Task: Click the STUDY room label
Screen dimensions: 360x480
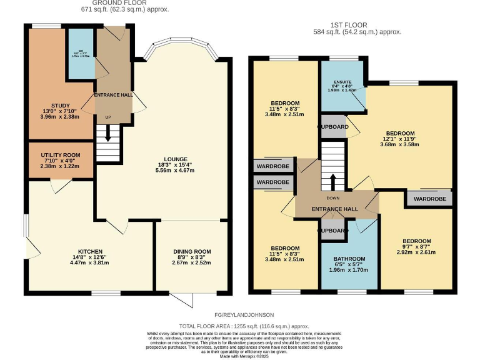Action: point(61,106)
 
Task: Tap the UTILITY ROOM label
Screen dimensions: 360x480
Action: point(61,154)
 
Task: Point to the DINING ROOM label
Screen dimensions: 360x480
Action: point(192,251)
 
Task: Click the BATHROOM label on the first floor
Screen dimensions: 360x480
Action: point(349,259)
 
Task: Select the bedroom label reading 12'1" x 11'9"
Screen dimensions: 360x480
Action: point(400,134)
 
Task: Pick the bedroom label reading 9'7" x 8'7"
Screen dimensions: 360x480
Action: point(416,241)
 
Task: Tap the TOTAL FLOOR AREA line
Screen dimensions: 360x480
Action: point(244,326)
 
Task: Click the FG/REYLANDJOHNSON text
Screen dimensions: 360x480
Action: point(244,315)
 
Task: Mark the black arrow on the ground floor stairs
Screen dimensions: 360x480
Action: point(107,133)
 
